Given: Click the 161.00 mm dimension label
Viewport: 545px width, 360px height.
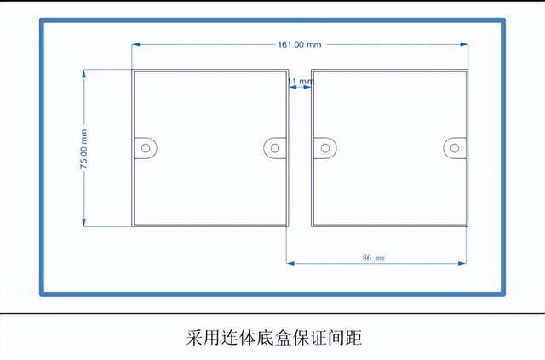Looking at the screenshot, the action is (300, 44).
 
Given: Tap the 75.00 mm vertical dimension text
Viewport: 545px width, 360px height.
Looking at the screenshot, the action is (83, 149).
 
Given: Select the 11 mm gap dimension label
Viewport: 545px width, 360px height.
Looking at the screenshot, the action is (301, 82).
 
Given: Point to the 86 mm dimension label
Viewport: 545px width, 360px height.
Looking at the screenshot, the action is (373, 258).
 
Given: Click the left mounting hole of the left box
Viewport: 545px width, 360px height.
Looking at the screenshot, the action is (146, 148).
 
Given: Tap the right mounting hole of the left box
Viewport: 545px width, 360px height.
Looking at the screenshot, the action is (275, 148).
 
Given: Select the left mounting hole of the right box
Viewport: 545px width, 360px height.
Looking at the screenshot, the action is (325, 148).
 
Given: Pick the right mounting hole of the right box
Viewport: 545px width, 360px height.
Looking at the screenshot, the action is (455, 148).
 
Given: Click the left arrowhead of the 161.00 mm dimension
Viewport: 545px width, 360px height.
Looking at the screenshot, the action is (136, 44).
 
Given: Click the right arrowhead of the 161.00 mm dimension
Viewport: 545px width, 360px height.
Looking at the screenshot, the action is (463, 44).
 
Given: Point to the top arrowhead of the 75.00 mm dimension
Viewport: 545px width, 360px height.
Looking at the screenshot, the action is (83, 74).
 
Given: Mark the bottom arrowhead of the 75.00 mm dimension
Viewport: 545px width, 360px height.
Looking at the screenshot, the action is (83, 222).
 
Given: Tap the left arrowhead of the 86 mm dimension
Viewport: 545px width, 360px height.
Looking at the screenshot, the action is (290, 263).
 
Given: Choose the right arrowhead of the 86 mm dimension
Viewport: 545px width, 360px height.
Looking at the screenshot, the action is (462, 263).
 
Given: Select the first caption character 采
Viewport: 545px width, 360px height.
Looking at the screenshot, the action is (194, 337).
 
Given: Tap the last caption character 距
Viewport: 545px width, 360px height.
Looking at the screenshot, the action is (354, 337).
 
